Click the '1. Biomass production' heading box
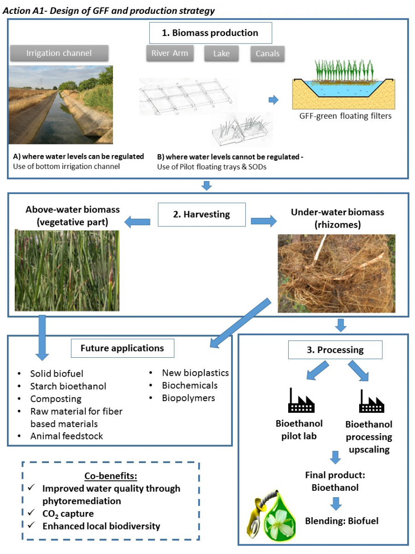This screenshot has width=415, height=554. click(210, 33)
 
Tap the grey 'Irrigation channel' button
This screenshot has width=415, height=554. click(59, 53)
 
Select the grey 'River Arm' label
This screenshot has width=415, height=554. click(170, 53)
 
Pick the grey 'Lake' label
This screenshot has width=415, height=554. click(221, 54)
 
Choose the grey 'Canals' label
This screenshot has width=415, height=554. click(267, 54)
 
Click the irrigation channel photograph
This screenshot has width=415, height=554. click(60, 105)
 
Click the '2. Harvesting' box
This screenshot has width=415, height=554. click(201, 214)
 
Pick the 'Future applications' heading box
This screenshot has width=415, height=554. click(122, 348)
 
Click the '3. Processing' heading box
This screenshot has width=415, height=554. click(335, 350)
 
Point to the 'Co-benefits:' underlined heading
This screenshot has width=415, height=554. click(111, 476)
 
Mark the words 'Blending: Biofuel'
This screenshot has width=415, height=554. click(342, 521)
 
